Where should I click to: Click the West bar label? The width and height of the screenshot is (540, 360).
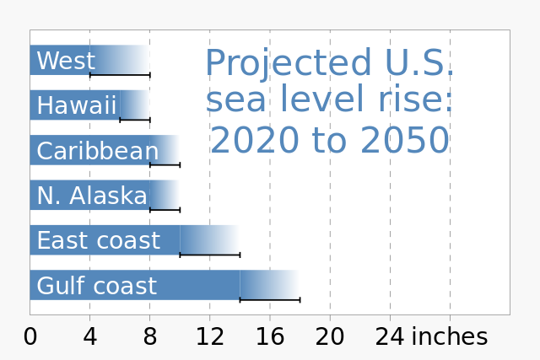tap(66, 62)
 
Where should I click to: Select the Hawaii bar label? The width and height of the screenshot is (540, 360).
tap(77, 106)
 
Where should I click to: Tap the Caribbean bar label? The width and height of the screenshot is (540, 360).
tap(98, 152)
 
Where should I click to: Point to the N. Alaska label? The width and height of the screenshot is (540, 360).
tap(92, 196)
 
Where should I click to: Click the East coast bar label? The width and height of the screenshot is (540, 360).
tap(98, 241)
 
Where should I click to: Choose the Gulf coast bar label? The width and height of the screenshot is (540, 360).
tap(96, 287)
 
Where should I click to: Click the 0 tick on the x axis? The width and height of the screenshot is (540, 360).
tap(30, 337)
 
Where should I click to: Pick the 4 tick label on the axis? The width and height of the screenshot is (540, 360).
tap(90, 337)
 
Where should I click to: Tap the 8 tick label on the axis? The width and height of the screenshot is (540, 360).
tap(150, 337)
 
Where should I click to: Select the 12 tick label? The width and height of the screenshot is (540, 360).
tap(210, 337)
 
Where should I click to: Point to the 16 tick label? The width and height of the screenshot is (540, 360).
tap(270, 337)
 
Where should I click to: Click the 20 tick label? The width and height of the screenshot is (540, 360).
tap(330, 337)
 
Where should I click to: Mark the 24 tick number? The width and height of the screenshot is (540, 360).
tap(390, 337)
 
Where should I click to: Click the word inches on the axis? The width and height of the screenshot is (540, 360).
tap(449, 337)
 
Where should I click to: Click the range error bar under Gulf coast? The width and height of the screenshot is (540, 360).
tap(270, 299)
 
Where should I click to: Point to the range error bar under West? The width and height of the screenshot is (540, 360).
tap(120, 75)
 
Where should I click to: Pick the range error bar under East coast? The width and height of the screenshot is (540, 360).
tap(210, 254)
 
